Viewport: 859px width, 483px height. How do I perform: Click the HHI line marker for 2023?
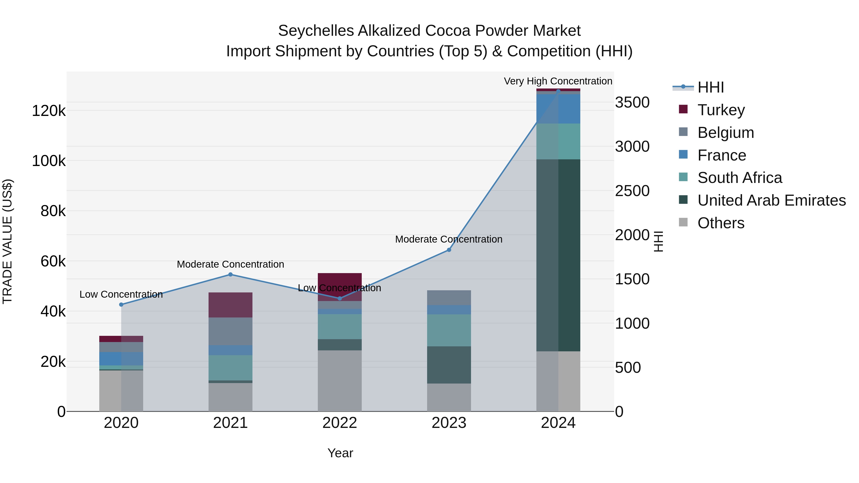point(449,250)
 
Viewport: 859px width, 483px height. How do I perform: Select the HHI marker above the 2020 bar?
point(121,304)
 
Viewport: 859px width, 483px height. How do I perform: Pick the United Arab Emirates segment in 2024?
point(558,255)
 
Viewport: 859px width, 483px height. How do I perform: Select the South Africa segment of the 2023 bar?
point(449,330)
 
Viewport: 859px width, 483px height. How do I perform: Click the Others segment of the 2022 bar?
point(340,380)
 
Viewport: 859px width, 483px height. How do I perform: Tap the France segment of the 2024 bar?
point(558,109)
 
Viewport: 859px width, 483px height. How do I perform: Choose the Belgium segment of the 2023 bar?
point(449,297)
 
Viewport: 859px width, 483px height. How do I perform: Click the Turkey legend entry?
point(721,110)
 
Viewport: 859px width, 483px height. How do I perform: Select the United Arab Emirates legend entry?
point(771,200)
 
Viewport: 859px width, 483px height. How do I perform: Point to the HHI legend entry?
point(710,87)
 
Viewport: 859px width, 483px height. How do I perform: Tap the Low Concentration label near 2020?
point(121,294)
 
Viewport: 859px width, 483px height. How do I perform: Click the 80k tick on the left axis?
point(53,211)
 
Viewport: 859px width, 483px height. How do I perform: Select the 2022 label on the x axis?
point(340,423)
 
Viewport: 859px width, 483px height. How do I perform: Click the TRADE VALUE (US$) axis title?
point(7,241)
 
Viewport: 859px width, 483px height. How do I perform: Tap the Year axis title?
point(340,453)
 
